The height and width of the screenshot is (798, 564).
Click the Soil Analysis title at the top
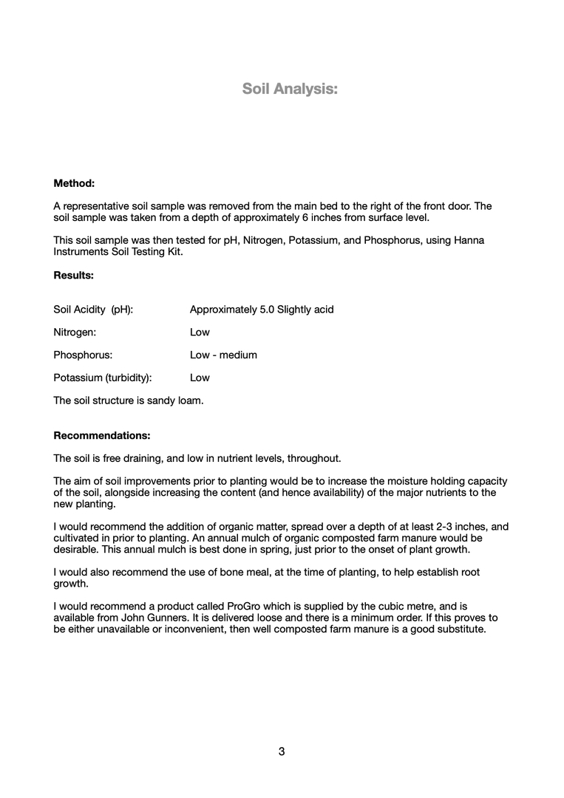point(290,89)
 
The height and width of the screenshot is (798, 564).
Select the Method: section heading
point(74,183)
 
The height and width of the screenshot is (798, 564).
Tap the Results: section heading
point(74,275)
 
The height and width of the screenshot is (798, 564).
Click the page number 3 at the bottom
point(282,751)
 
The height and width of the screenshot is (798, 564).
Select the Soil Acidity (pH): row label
point(93,309)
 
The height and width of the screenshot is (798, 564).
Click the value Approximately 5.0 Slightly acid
point(262,309)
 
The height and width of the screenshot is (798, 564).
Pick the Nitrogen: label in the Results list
point(75,332)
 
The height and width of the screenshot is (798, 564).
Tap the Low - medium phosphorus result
point(223,355)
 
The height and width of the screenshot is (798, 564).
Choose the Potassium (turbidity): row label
point(103,378)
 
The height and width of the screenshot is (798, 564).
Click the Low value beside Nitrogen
point(200,332)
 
